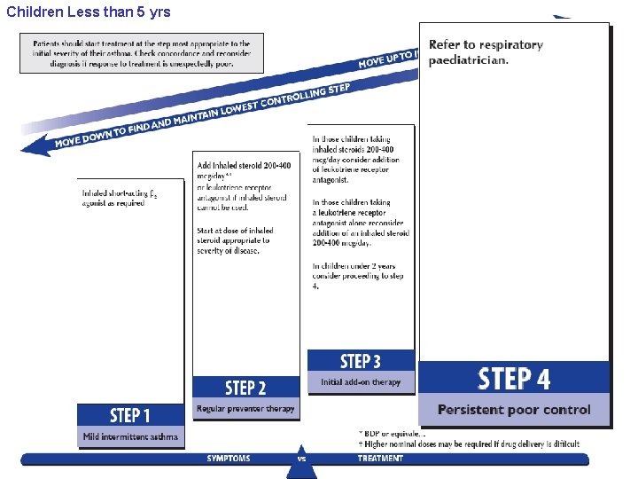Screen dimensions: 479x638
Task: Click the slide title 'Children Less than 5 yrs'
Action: [x=89, y=12]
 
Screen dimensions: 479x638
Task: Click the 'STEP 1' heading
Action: [x=129, y=415]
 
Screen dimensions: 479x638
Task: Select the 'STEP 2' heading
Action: [x=245, y=388]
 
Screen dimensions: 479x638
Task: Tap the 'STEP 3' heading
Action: [x=360, y=361]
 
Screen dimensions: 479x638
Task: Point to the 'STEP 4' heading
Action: [x=514, y=379]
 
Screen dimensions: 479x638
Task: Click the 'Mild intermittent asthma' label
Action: [x=130, y=436]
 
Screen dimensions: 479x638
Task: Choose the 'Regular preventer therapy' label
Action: [x=245, y=409]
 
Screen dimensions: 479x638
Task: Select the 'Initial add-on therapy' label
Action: [x=360, y=382]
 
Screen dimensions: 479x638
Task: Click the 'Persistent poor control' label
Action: [x=514, y=410]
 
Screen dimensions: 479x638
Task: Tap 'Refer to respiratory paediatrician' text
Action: [x=486, y=52]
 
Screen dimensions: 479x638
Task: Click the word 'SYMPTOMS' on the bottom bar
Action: [x=229, y=459]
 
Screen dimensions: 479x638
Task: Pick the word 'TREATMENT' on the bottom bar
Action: [x=380, y=459]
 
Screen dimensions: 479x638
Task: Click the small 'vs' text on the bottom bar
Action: [x=301, y=459]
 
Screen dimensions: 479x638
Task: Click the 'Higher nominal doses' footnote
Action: [x=468, y=444]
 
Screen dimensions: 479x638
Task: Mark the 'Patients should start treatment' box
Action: [x=142, y=53]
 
